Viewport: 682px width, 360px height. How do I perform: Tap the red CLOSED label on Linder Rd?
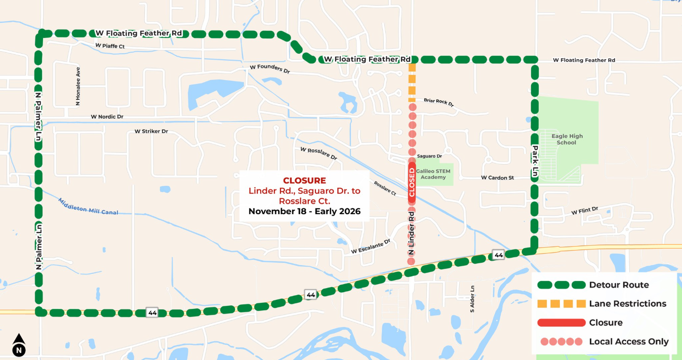[x=412, y=182]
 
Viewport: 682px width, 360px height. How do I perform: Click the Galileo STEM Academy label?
[x=433, y=174]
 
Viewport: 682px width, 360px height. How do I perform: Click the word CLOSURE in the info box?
[x=304, y=180]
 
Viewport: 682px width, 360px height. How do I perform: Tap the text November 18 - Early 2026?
[x=304, y=212]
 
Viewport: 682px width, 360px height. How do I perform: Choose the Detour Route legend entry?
[x=619, y=285]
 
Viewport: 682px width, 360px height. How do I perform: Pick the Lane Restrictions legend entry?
[x=627, y=304]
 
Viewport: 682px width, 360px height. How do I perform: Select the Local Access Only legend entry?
[x=628, y=342]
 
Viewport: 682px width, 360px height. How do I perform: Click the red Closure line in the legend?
[x=561, y=323]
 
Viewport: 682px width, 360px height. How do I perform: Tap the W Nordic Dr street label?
[x=107, y=117]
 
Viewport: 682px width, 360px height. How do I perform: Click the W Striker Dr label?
[x=151, y=132]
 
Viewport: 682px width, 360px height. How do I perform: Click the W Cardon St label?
[x=497, y=178]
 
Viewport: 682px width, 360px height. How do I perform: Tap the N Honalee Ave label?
[x=78, y=86]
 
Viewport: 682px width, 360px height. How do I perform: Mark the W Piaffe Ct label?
[x=110, y=46]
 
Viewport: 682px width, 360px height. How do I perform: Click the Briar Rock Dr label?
[x=438, y=102]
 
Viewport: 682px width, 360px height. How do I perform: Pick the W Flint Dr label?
[x=585, y=210]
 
